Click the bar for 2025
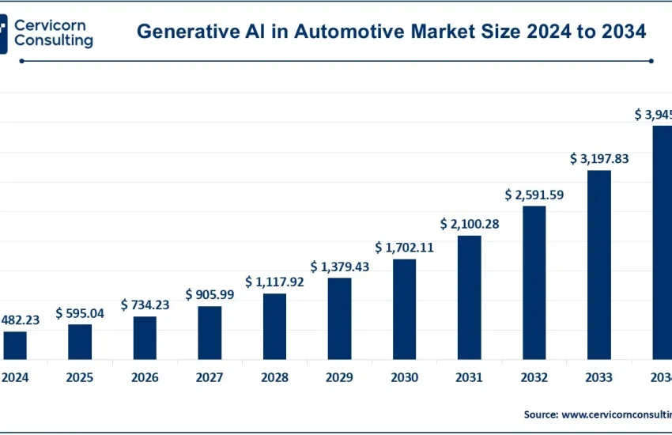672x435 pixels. coord(80,342)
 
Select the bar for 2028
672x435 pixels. coord(274,327)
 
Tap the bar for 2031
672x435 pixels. coord(469,297)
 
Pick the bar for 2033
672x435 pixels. coord(598,265)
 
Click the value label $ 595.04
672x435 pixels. coord(80,313)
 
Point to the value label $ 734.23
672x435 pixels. coord(145,304)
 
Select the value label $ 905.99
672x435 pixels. coord(210,294)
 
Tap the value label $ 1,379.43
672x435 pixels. coord(339,267)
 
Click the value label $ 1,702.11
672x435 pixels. coord(404,247)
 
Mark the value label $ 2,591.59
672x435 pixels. coord(534,195)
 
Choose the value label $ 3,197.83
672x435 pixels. coord(598,159)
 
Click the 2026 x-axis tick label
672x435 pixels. coord(145,378)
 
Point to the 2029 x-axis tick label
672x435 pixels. coord(339,378)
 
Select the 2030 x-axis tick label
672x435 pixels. coord(404,378)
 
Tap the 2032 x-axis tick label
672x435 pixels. coord(534,378)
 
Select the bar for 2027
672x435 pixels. coord(210,333)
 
